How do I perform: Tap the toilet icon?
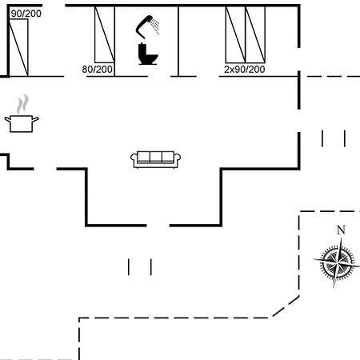click(x=148, y=54)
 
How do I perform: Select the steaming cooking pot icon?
click(x=22, y=114)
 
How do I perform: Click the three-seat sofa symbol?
click(x=155, y=159)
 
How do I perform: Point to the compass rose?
click(x=337, y=262)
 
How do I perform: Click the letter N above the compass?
click(x=341, y=230)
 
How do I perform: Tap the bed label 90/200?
click(x=26, y=14)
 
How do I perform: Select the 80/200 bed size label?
click(x=97, y=70)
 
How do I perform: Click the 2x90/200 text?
click(x=245, y=70)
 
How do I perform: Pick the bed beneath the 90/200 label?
click(x=18, y=47)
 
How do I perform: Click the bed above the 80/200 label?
click(x=105, y=34)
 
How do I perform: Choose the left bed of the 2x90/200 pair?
click(x=235, y=34)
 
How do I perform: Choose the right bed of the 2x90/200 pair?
click(x=255, y=34)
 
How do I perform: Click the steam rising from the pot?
click(x=22, y=103)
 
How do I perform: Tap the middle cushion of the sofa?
click(x=156, y=157)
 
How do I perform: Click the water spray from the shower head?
click(x=154, y=26)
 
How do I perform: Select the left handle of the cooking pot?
click(x=7, y=120)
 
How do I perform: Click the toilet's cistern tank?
click(x=142, y=50)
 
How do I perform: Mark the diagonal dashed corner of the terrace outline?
click(x=286, y=306)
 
